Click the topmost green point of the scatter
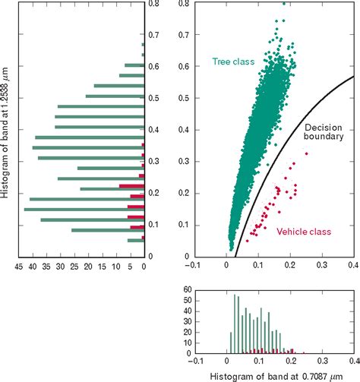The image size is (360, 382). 283,3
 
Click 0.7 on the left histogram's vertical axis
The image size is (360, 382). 154,34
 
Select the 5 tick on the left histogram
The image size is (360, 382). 130,267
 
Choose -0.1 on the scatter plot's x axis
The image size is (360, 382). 194,267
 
